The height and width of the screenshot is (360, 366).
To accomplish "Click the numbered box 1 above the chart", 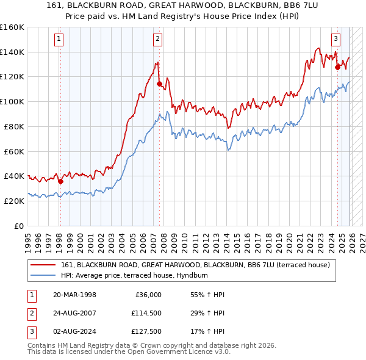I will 59,39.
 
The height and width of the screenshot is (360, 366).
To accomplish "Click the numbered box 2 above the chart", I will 157,39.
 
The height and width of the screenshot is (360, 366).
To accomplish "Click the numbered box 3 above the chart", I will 335,39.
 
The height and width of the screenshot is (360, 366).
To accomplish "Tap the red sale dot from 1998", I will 60,181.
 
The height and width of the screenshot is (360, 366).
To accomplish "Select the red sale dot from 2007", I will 159,84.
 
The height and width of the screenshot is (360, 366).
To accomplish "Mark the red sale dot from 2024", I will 337,68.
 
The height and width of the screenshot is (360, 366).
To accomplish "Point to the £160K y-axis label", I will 12,27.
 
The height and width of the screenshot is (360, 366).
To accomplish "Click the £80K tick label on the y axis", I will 13,126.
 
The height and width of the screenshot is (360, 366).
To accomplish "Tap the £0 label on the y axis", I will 18,226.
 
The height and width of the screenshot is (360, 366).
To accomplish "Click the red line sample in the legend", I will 43,265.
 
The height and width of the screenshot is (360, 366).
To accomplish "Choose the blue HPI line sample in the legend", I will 43,275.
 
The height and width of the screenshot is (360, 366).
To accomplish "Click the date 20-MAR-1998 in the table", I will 74,295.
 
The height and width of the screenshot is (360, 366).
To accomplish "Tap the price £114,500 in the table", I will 146,312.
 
